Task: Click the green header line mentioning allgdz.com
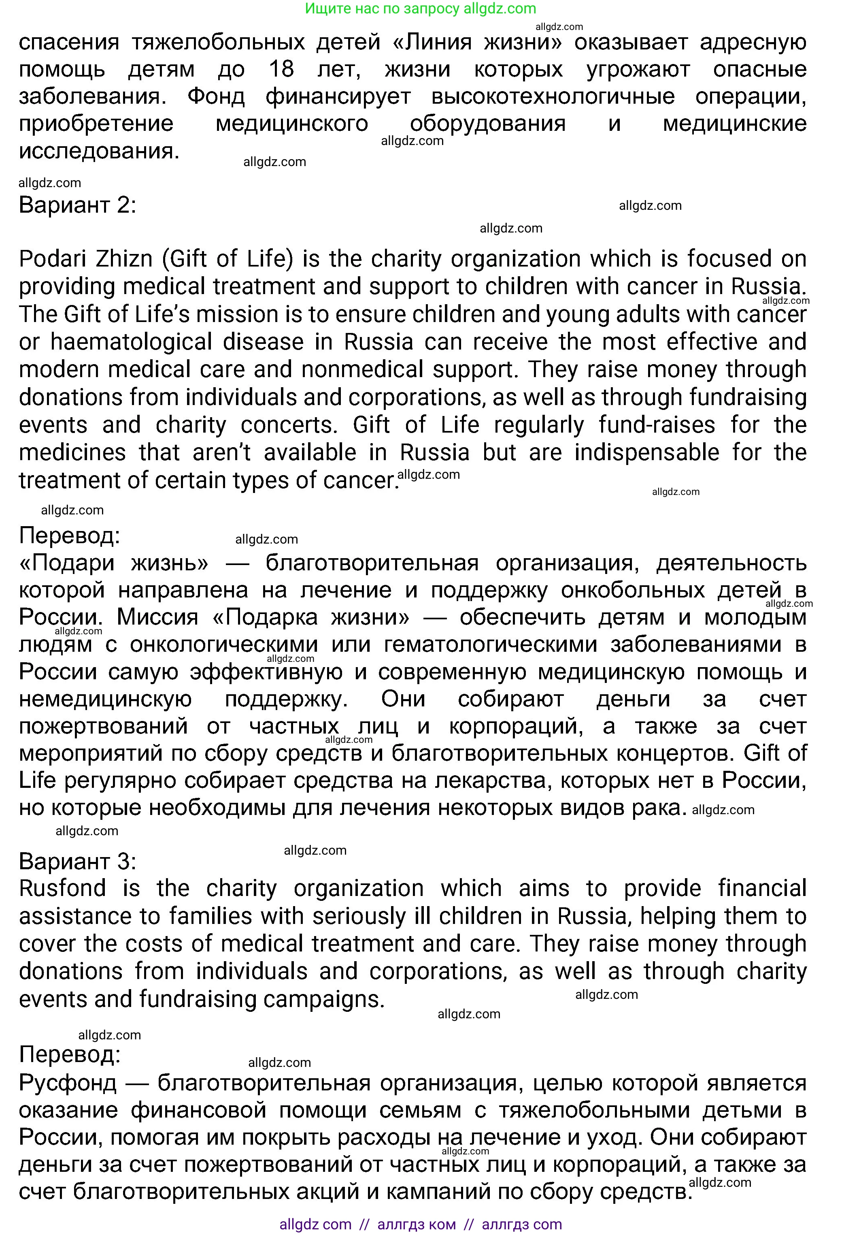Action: [421, 9]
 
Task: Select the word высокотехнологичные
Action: [553, 97]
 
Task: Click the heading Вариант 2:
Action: [78, 205]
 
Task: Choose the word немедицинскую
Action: [105, 700]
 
